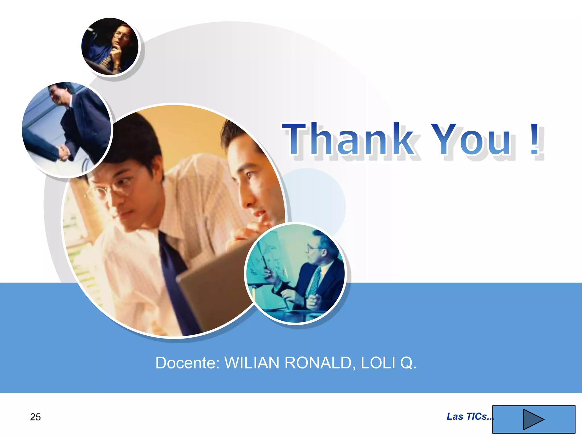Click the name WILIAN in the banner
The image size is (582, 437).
(x=252, y=363)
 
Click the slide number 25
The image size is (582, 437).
(x=35, y=417)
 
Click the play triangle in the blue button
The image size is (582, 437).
(x=533, y=419)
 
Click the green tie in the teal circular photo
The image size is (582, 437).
(x=314, y=282)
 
